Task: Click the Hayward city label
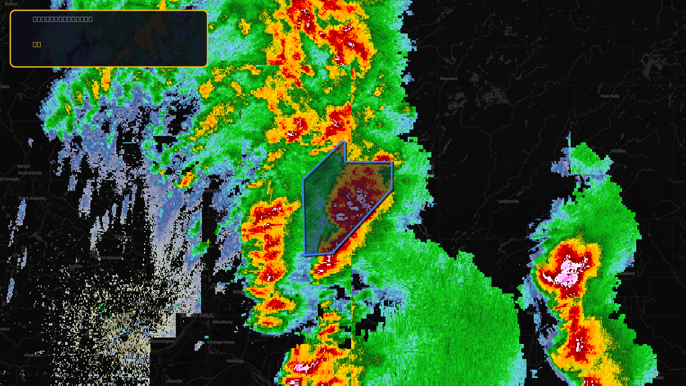point(448,78)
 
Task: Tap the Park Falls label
point(610,96)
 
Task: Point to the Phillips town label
point(618,151)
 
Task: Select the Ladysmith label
point(508,201)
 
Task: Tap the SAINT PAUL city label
point(198,315)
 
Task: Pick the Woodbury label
point(222,322)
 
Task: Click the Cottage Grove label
point(221,342)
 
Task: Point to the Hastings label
point(235,361)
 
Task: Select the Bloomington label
point(162,341)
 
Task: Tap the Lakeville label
point(174,381)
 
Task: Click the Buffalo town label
point(75,266)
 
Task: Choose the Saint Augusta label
point(32,198)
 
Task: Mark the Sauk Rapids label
point(30,173)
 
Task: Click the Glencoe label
point(32,355)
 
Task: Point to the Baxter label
point(12,4)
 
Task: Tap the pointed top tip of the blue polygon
point(344,142)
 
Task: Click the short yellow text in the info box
point(37,44)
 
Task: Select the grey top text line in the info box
point(63,19)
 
